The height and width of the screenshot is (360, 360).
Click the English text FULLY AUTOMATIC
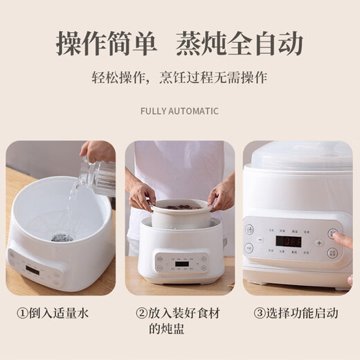click(179, 111)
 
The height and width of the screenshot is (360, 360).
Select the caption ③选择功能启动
click(296, 314)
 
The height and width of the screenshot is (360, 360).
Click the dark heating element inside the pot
click(61, 237)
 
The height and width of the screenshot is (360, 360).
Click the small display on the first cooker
click(33, 269)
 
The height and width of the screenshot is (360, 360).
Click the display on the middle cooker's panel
click(181, 264)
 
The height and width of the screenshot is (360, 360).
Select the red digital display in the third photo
click(288, 242)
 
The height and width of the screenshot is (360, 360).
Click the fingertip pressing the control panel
click(336, 237)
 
